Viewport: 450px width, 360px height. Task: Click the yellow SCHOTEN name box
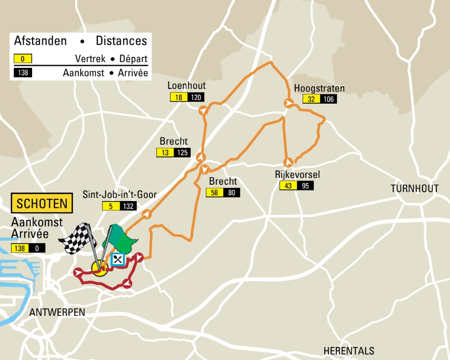tap(42, 204)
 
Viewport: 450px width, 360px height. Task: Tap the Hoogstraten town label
tap(319, 88)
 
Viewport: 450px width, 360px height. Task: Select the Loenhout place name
tap(186, 86)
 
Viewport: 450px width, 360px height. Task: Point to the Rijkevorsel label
tap(297, 175)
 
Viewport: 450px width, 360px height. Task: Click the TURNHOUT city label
tap(415, 188)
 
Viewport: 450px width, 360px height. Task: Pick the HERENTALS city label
tap(349, 351)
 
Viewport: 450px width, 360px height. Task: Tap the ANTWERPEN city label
tap(57, 313)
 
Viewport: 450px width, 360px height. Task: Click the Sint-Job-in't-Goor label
tap(119, 195)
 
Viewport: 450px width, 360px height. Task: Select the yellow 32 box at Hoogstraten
tap(311, 99)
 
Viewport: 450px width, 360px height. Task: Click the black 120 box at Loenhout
tap(196, 97)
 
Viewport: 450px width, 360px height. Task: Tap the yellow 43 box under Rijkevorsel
tap(288, 186)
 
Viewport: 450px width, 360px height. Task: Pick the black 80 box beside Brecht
tap(231, 193)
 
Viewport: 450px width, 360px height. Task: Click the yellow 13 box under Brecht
tap(165, 153)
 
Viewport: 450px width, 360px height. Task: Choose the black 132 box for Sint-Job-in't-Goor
tap(128, 206)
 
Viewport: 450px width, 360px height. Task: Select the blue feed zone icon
tap(118, 258)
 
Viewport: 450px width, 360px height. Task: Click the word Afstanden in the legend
tap(41, 41)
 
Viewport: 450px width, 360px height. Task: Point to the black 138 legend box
tap(23, 73)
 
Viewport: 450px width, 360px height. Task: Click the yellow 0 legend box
tap(23, 58)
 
